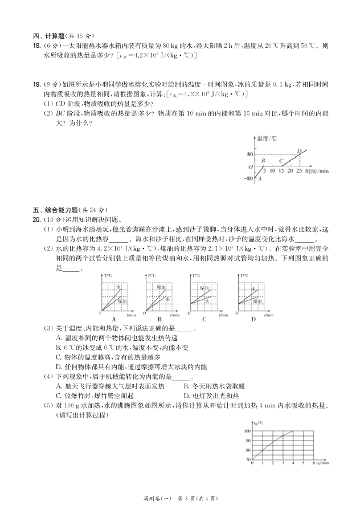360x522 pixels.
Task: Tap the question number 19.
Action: (35, 83)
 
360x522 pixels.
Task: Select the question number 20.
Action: (35, 219)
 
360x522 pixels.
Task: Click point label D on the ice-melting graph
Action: (299, 151)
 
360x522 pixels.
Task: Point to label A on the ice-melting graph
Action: (260, 179)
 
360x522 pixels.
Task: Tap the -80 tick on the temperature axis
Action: (248, 178)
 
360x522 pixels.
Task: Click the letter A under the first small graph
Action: (114, 319)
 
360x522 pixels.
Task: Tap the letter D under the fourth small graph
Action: (253, 319)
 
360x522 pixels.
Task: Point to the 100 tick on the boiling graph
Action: (247, 431)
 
